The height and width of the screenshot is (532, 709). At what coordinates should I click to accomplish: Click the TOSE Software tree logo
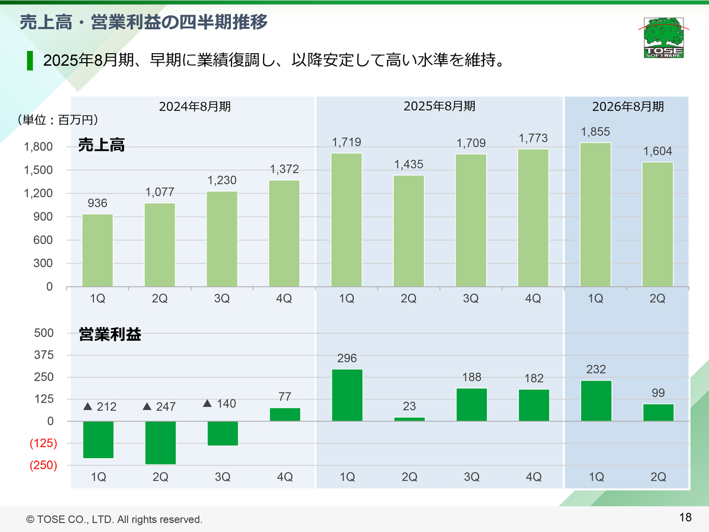[664, 37]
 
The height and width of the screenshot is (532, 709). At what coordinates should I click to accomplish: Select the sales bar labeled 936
[97, 250]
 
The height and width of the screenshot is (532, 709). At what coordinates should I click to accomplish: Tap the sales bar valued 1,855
[595, 215]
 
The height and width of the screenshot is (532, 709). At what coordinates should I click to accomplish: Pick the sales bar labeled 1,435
[409, 231]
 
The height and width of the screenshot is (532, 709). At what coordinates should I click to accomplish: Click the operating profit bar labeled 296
[347, 395]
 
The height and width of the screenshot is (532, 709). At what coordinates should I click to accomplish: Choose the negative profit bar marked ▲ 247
[161, 443]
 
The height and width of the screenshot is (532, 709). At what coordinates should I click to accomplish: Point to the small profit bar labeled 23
[409, 419]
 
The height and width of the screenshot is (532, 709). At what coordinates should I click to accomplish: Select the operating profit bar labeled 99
[658, 412]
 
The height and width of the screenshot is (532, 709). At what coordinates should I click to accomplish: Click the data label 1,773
[533, 138]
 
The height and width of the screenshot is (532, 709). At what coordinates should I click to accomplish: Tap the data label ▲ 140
[220, 403]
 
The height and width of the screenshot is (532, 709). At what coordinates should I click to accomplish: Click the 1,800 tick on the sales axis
[38, 147]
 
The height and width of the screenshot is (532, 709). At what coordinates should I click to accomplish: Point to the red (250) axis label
[43, 465]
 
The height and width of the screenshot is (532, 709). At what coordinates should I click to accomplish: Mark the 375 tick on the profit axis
[44, 355]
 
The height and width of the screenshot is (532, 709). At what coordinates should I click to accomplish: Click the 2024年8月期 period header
[195, 106]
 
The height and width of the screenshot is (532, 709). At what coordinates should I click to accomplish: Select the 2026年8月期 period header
[628, 106]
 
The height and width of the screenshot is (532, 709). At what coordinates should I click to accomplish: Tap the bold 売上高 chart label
[101, 145]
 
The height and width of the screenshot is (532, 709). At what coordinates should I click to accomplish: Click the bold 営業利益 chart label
[110, 334]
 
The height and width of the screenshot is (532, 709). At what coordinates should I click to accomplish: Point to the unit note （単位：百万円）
[58, 120]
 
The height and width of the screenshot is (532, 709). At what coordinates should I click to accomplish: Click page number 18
[685, 517]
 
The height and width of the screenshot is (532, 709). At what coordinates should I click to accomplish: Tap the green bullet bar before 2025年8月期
[30, 60]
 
